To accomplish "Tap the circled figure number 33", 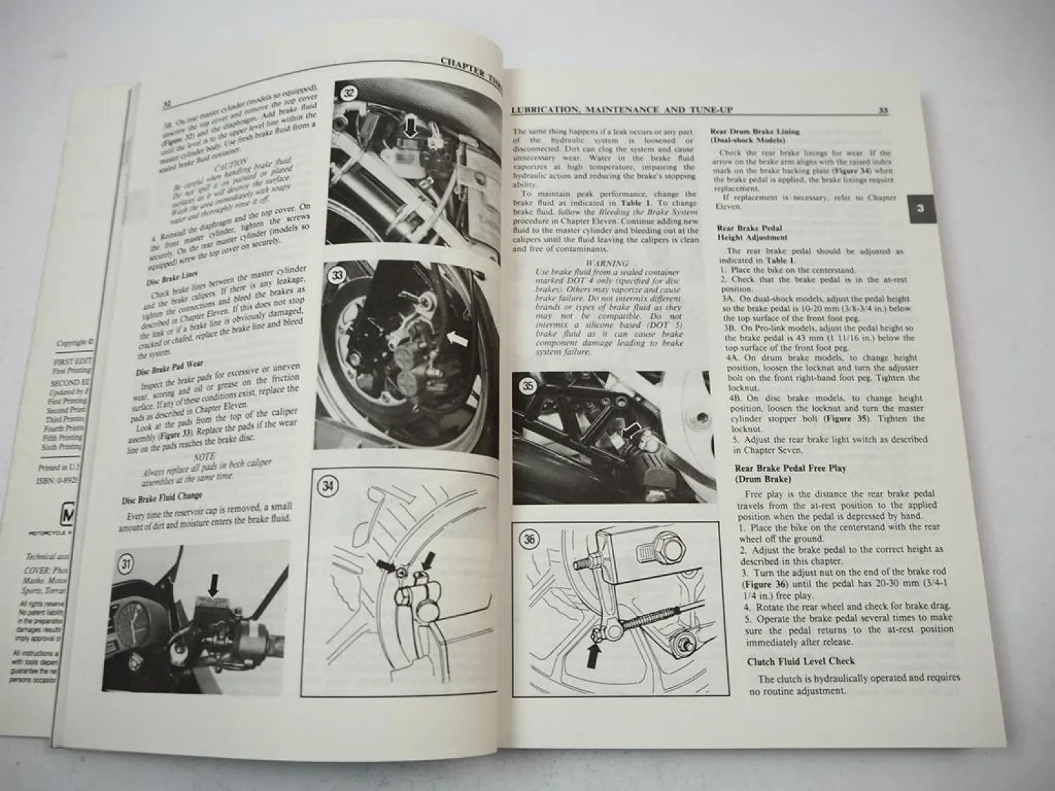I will pyautogui.click(x=338, y=276).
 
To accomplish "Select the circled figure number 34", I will pyautogui.click(x=327, y=486).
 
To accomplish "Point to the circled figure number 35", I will pyautogui.click(x=528, y=386).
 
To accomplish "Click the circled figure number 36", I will pyautogui.click(x=529, y=540).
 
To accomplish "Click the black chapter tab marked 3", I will pyautogui.click(x=921, y=209).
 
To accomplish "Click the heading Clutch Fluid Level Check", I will pyautogui.click(x=800, y=661).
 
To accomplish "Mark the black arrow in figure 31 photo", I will pyautogui.click(x=214, y=584).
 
